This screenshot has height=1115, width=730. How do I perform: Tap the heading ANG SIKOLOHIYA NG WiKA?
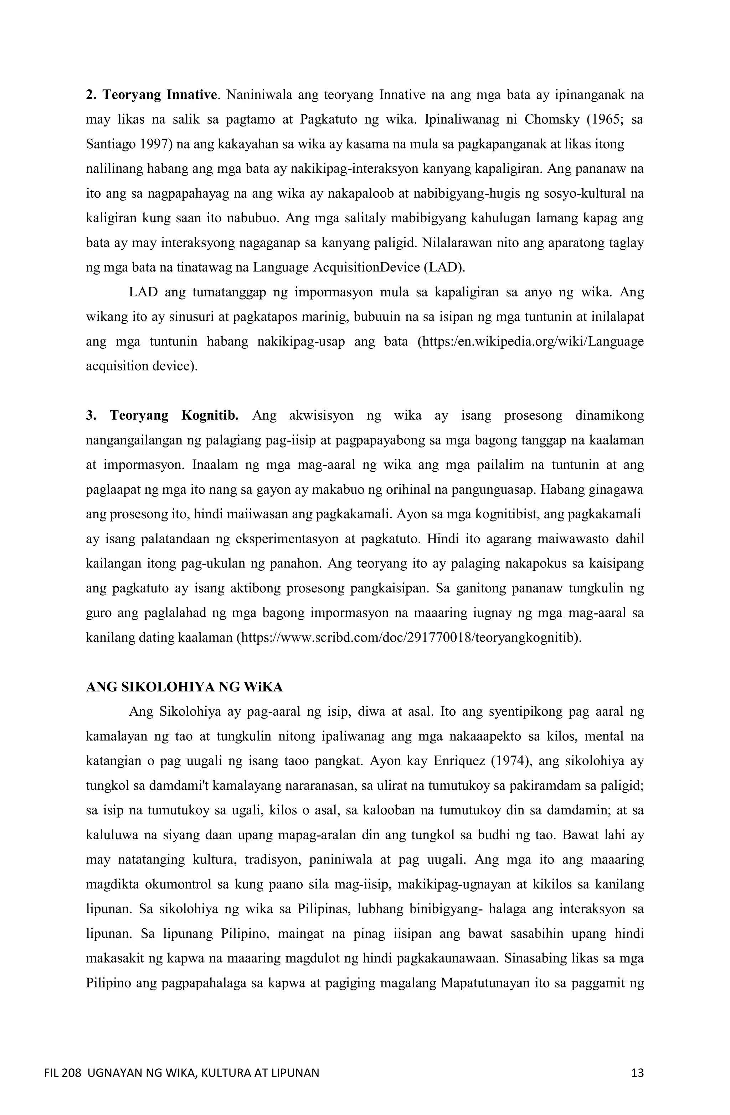184,687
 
